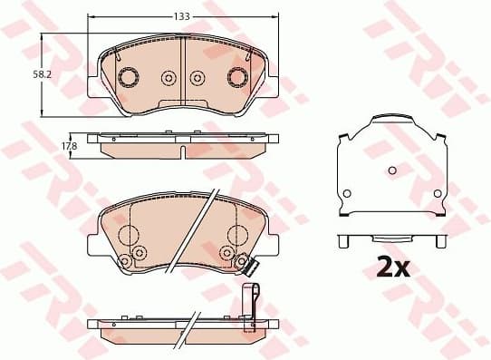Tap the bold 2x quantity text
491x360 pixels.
point(393,267)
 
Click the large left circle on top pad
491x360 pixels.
point(128,77)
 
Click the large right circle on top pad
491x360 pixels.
point(239,77)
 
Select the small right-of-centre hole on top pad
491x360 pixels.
point(199,78)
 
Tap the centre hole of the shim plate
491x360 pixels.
point(391,170)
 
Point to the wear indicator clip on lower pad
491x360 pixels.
point(250,266)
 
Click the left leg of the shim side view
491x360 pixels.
point(345,242)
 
